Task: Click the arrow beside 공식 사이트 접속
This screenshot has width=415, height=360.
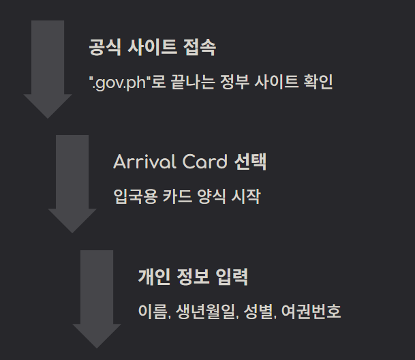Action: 48,68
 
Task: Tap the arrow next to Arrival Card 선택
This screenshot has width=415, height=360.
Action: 72,183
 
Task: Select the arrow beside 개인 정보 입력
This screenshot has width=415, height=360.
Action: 97,298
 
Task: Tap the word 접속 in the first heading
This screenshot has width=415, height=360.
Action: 200,48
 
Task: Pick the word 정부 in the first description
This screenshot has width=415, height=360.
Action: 234,83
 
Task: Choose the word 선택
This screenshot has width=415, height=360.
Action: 250,162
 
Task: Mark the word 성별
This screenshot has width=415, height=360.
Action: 258,312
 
